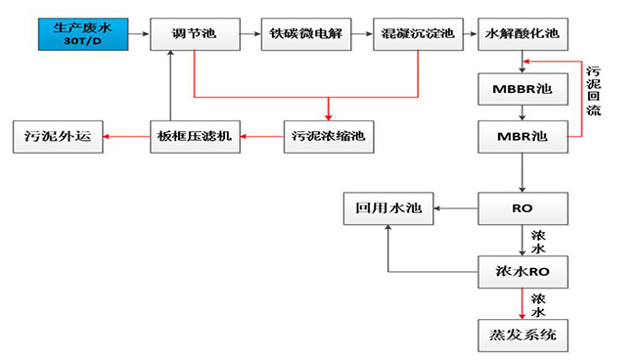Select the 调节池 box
pos(195,34)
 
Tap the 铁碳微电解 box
pos(304,34)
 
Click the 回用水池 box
pos(387,207)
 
